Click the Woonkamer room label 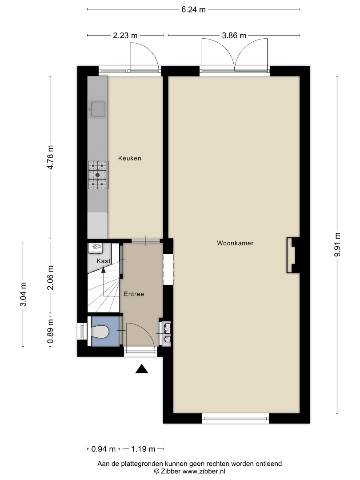pyautogui.click(x=235, y=243)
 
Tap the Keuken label pyautogui.click(x=129, y=158)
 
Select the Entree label pyautogui.click(x=134, y=294)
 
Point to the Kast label pyautogui.click(x=104, y=261)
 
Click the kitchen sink pyautogui.click(x=98, y=109)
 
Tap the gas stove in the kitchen pyautogui.click(x=98, y=175)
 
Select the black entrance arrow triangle pyautogui.click(x=142, y=369)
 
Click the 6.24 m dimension pyautogui.click(x=193, y=9)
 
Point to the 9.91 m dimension pyautogui.click(x=337, y=245)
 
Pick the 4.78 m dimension pyautogui.click(x=50, y=157)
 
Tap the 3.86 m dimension pyautogui.click(x=234, y=36)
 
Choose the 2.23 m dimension pyautogui.click(x=125, y=36)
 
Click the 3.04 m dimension pyautogui.click(x=23, y=295)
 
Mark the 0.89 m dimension pyautogui.click(x=50, y=332)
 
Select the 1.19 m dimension pyautogui.click(x=143, y=449)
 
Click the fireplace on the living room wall pyautogui.click(x=293, y=255)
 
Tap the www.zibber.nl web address pyautogui.click(x=204, y=472)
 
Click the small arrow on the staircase pyautogui.click(x=104, y=270)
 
